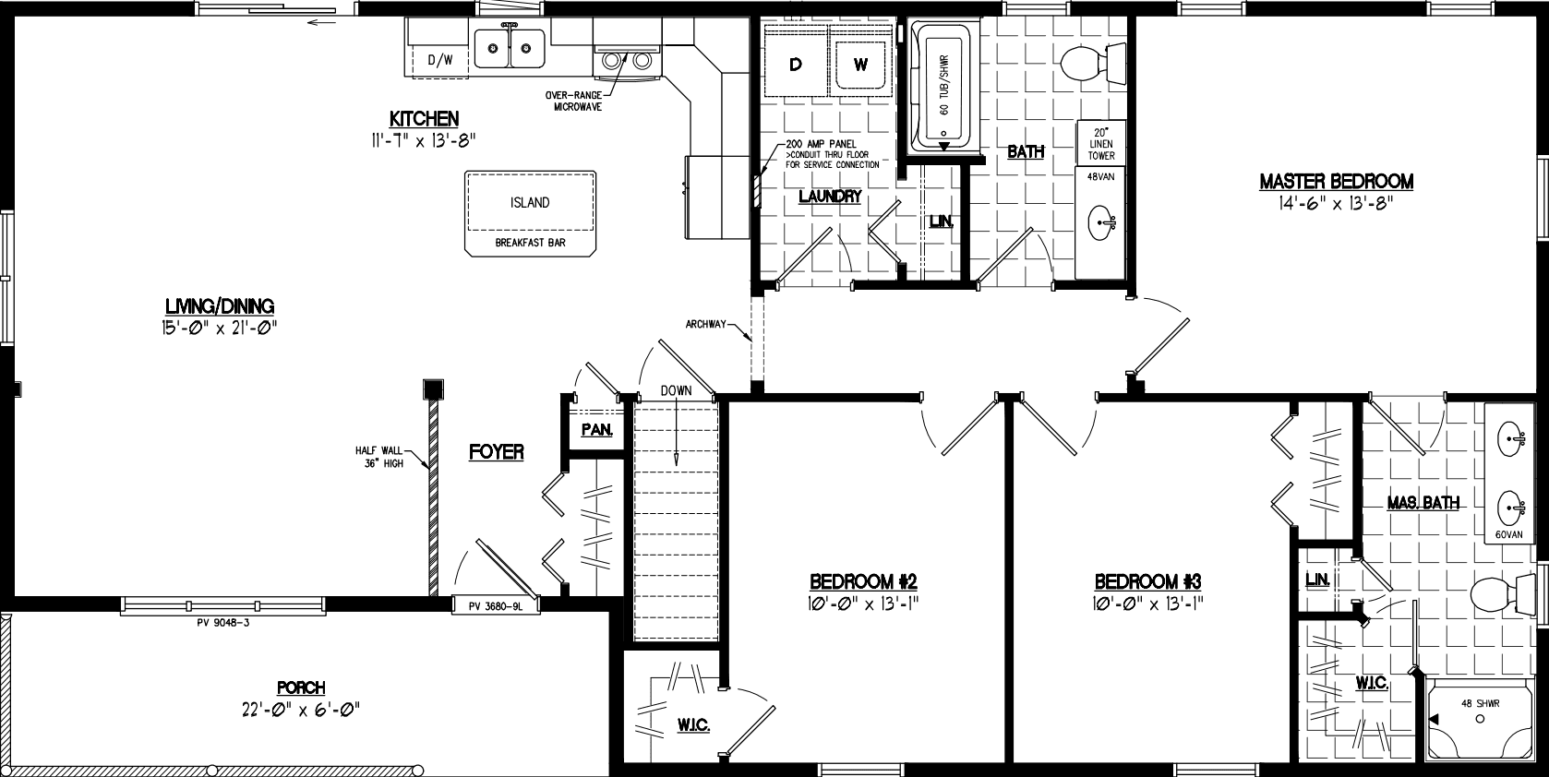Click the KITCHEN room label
tap(424, 119)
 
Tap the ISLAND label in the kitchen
tap(530, 202)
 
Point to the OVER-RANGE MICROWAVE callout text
tap(578, 102)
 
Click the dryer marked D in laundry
tap(795, 64)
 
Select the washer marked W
tap(860, 64)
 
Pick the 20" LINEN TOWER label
tap(1100, 144)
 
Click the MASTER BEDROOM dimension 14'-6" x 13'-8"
tap(1336, 204)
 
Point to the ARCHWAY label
tap(707, 324)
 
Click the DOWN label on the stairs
tap(676, 390)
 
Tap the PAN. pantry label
tap(596, 430)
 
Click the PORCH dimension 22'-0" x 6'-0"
tap(301, 709)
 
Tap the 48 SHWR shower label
tap(1480, 703)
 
